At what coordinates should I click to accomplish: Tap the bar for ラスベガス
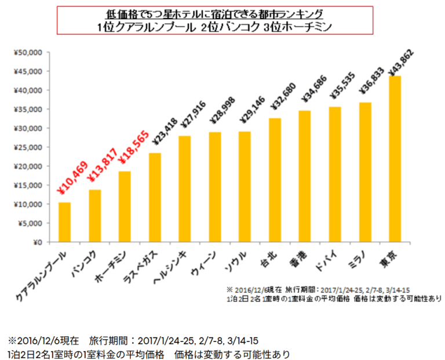(x=155, y=197)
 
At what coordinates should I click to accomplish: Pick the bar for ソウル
(x=245, y=187)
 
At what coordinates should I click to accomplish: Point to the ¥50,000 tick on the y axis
(x=27, y=53)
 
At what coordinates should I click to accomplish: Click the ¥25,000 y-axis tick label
(x=27, y=147)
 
